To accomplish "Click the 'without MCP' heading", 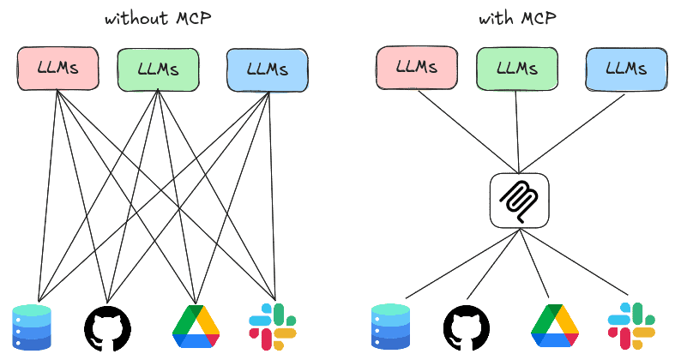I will point(158,19).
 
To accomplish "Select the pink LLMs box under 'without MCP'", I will point(57,69).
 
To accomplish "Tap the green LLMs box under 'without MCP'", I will point(158,69).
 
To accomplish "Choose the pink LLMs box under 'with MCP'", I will point(415,69).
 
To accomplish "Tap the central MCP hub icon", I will point(519,201).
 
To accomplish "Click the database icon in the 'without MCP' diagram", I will point(33,327).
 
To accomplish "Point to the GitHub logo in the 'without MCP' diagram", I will point(109,327).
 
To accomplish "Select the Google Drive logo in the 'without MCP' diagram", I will point(196,327).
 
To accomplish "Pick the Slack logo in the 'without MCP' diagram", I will point(273,326).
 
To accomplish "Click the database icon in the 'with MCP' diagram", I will point(391,327).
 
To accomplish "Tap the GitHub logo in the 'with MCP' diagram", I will point(467,327).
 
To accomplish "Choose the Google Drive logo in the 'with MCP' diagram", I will point(555,327).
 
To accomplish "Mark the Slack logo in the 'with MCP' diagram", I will point(631,326).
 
